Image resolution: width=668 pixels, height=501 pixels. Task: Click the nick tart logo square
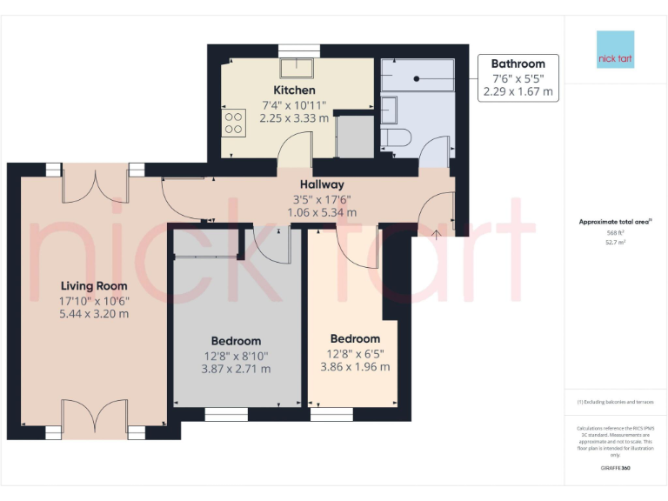[x=615, y=50]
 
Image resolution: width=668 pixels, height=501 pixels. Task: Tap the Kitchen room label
[x=294, y=90]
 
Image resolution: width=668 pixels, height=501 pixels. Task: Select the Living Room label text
[x=94, y=285]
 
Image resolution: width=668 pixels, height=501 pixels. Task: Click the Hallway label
[x=322, y=184]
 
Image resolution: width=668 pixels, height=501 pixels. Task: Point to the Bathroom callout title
[x=518, y=63]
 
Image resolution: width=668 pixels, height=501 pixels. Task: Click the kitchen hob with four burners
[x=233, y=122]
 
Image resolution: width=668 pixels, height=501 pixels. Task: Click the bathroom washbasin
[x=389, y=110]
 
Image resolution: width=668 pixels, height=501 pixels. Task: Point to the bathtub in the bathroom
[x=417, y=77]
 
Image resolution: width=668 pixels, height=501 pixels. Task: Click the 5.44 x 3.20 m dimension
[x=94, y=314]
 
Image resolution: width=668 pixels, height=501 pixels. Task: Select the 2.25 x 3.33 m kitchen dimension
[x=294, y=118]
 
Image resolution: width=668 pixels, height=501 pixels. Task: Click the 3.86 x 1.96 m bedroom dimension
[x=355, y=366]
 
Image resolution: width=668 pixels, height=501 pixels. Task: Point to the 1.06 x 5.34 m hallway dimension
[x=322, y=212]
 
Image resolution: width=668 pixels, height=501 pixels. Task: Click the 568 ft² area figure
[x=615, y=232]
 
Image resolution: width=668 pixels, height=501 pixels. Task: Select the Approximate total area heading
[x=614, y=222]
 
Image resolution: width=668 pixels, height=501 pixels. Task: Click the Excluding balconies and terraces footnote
[x=614, y=402]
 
